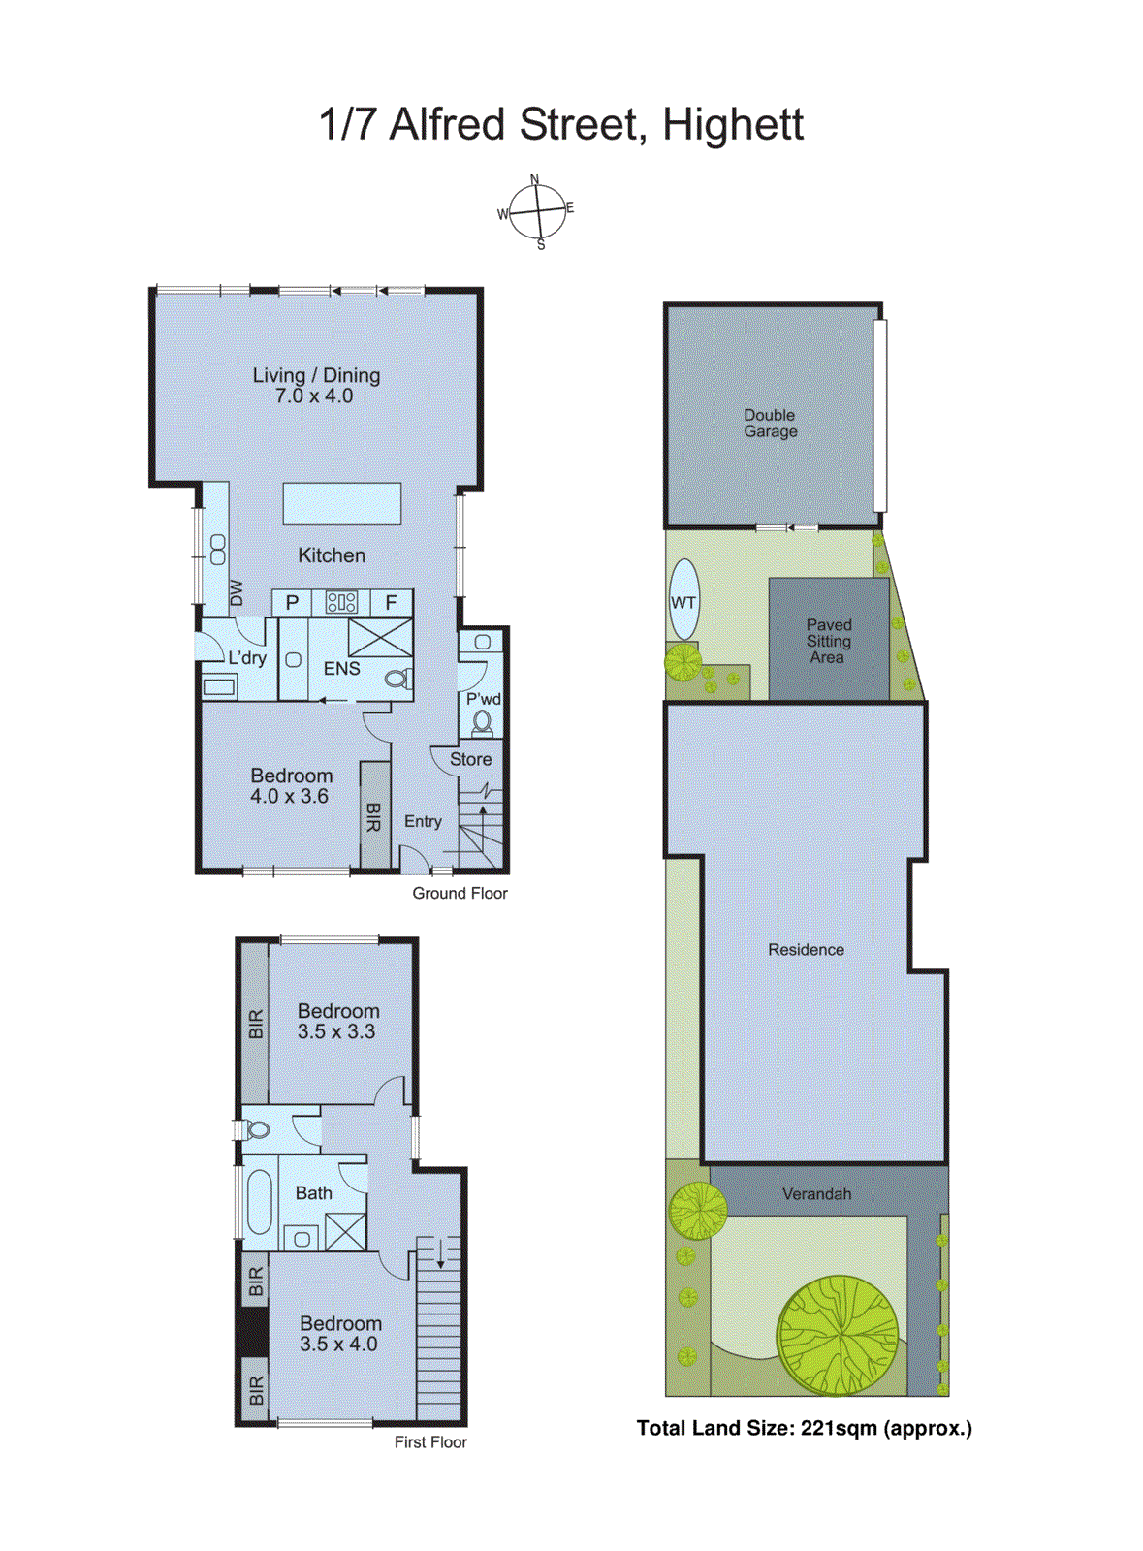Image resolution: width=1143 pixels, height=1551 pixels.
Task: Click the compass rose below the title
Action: point(537,210)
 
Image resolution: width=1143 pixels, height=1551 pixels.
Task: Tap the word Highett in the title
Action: point(733,125)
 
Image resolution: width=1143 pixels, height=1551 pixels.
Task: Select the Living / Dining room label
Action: point(316,375)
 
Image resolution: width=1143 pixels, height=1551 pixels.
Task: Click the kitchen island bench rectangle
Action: point(341,503)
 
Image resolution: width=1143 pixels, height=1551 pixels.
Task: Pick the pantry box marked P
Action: point(292,602)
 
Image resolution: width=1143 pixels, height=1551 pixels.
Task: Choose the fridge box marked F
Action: point(391,602)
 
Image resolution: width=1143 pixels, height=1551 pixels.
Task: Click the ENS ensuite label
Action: point(341,669)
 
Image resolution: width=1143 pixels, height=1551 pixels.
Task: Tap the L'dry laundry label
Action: point(247,658)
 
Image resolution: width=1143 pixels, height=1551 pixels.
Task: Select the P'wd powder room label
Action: point(483,699)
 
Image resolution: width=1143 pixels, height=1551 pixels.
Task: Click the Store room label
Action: point(470,759)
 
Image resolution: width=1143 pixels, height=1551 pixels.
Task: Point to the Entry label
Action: point(423,821)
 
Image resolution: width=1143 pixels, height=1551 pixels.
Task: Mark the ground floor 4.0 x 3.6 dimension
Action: point(289,797)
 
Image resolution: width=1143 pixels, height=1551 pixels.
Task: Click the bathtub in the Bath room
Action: point(260,1202)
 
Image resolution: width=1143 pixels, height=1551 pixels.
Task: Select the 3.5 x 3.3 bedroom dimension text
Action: point(336,1032)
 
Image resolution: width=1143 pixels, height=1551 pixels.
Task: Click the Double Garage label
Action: point(771,424)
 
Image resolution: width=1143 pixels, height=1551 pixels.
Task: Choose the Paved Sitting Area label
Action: point(828,641)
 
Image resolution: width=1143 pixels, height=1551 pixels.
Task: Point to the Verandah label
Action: point(816,1194)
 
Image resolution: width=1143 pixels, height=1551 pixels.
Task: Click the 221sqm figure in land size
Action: point(839,1428)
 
